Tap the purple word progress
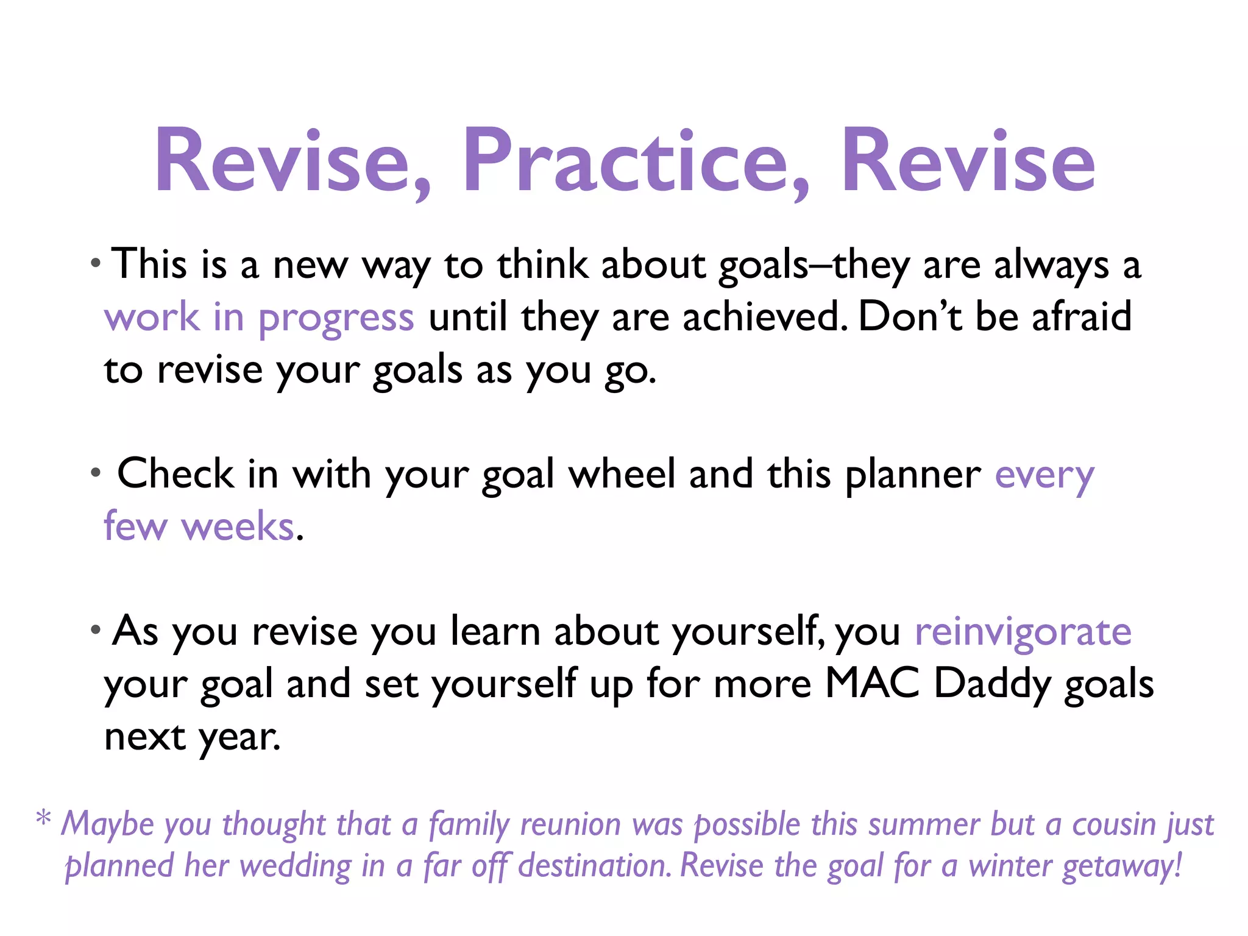336,318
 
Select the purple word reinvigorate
1023,631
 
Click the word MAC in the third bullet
871,684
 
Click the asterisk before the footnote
43,818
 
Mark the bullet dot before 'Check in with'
95,472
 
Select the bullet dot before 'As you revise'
95,629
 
